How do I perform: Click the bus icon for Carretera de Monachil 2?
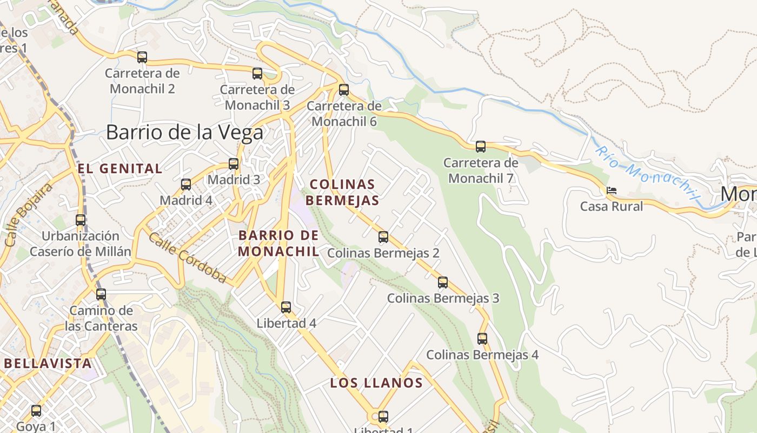(x=142, y=57)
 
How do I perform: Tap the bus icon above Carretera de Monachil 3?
(x=257, y=73)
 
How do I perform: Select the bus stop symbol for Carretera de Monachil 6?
(x=344, y=89)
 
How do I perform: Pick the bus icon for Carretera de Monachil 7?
(x=481, y=146)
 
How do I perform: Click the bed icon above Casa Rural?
(x=612, y=191)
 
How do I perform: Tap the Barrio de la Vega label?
(x=184, y=132)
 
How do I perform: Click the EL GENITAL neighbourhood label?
(x=120, y=169)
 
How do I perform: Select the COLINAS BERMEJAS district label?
(x=342, y=192)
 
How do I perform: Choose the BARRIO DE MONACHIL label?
(x=278, y=243)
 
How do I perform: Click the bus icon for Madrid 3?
(x=234, y=163)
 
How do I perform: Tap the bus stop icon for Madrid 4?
(x=186, y=184)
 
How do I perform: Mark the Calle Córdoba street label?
(x=188, y=258)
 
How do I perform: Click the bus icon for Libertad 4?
(x=286, y=307)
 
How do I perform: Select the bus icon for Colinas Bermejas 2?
(x=383, y=237)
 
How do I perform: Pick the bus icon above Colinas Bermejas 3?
(x=443, y=282)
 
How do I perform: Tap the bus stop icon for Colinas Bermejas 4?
(x=482, y=339)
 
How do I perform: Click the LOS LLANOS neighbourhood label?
(x=376, y=383)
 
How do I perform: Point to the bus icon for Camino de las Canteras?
(x=101, y=294)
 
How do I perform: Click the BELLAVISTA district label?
(x=48, y=363)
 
